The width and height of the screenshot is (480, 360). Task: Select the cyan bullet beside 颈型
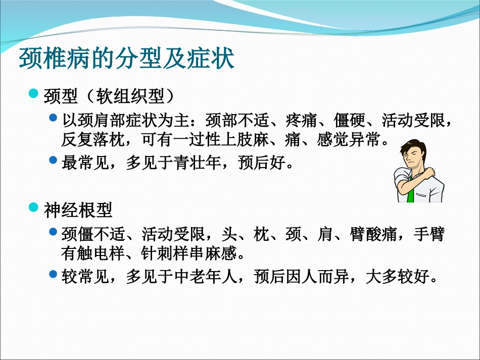[33, 93]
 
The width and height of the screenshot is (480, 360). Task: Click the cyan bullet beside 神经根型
[33, 207]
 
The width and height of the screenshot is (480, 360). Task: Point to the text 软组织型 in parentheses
[130, 96]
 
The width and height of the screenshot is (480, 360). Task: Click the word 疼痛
[301, 120]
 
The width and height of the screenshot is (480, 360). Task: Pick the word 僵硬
[349, 120]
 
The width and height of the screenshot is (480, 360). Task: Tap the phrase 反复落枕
[93, 140]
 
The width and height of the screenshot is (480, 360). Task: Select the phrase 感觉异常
[349, 140]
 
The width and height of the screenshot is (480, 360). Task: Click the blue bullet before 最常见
[53, 160]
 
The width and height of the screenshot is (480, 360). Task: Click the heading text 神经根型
[78, 211]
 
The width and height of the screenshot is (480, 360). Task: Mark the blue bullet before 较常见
[53, 274]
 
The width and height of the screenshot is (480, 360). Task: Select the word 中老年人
[206, 277]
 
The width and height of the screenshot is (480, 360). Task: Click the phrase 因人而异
[317, 277]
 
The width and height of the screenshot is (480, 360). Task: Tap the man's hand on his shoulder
[427, 172]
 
